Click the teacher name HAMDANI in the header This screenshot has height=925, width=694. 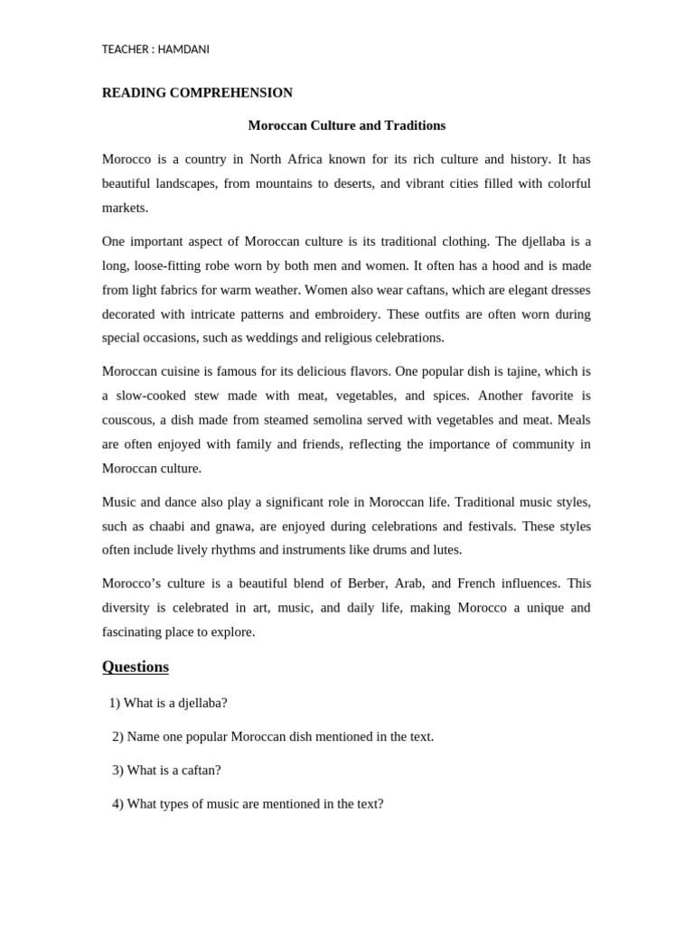click(183, 50)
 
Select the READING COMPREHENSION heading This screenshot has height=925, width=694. click(197, 92)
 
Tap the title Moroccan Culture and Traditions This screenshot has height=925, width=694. click(347, 126)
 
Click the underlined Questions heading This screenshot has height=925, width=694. click(136, 667)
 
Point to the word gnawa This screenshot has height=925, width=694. click(239, 526)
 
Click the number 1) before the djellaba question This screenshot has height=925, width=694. click(114, 703)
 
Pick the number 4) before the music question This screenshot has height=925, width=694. click(117, 803)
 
